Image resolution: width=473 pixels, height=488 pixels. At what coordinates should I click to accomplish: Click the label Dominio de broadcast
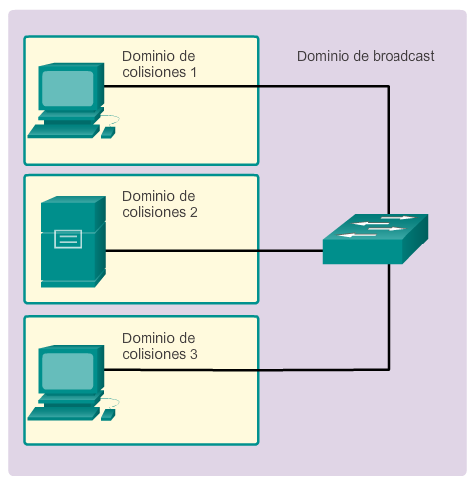pos(366,56)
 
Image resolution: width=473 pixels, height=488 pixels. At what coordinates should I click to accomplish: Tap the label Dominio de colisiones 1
pos(159,64)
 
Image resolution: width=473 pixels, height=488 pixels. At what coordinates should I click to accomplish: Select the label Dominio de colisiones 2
pos(160,204)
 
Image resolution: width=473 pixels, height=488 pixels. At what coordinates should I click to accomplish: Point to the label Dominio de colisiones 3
pos(160,346)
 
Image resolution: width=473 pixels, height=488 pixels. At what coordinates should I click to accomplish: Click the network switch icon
pos(376,239)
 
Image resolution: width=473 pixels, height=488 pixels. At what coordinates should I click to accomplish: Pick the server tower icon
pos(74,242)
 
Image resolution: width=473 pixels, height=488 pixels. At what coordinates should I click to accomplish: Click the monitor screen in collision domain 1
pos(68,88)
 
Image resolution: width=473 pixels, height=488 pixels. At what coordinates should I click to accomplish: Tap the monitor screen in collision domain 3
pos(68,371)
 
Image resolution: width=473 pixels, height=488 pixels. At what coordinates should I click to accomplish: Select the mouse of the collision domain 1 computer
pos(108,133)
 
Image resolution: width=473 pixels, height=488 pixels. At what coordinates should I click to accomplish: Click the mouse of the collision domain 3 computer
pos(108,415)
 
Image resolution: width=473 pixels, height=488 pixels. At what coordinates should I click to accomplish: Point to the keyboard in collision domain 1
pos(64,131)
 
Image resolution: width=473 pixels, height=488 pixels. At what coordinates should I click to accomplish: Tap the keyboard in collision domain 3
pos(64,414)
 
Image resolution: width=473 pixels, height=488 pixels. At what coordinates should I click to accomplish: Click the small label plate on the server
pos(69,239)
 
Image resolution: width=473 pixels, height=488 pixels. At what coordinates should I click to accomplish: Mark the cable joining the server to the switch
pos(215,251)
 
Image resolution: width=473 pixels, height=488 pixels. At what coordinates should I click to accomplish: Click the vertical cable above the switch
pos(389,150)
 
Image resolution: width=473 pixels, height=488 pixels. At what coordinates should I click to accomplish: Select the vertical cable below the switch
pos(389,317)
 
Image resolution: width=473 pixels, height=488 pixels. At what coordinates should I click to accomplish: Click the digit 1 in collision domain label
pos(193,72)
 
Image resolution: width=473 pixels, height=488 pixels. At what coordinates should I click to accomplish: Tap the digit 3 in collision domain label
pos(194,354)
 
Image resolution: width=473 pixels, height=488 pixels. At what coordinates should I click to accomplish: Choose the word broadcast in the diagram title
pos(403,56)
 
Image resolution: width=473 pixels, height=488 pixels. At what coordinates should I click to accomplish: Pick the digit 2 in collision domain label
pos(194,212)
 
